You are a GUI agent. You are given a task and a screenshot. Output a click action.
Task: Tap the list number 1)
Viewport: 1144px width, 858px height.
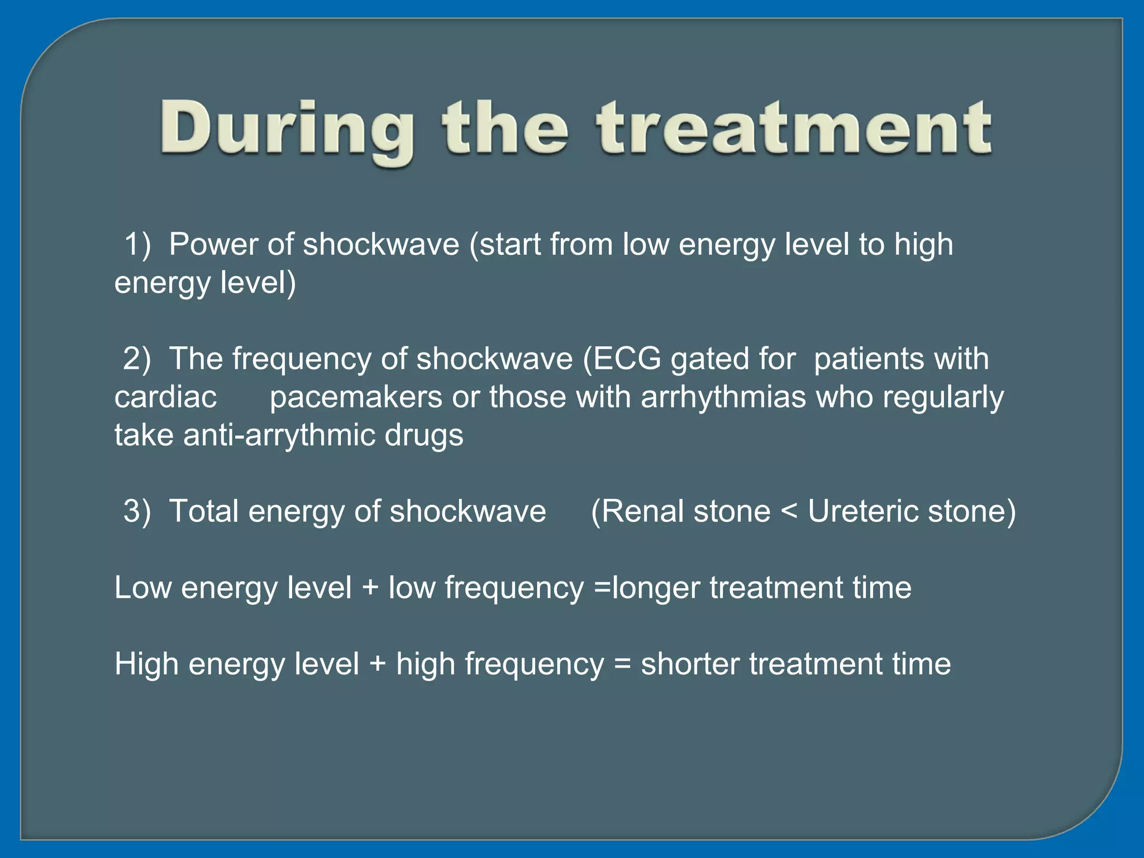137,245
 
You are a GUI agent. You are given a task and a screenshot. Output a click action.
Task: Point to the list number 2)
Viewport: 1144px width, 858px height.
137,359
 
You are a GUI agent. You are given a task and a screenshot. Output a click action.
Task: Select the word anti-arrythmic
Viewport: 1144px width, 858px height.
279,435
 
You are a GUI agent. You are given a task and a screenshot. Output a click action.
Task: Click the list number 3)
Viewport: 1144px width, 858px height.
137,511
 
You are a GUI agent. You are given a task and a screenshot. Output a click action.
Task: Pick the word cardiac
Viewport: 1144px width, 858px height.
165,397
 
